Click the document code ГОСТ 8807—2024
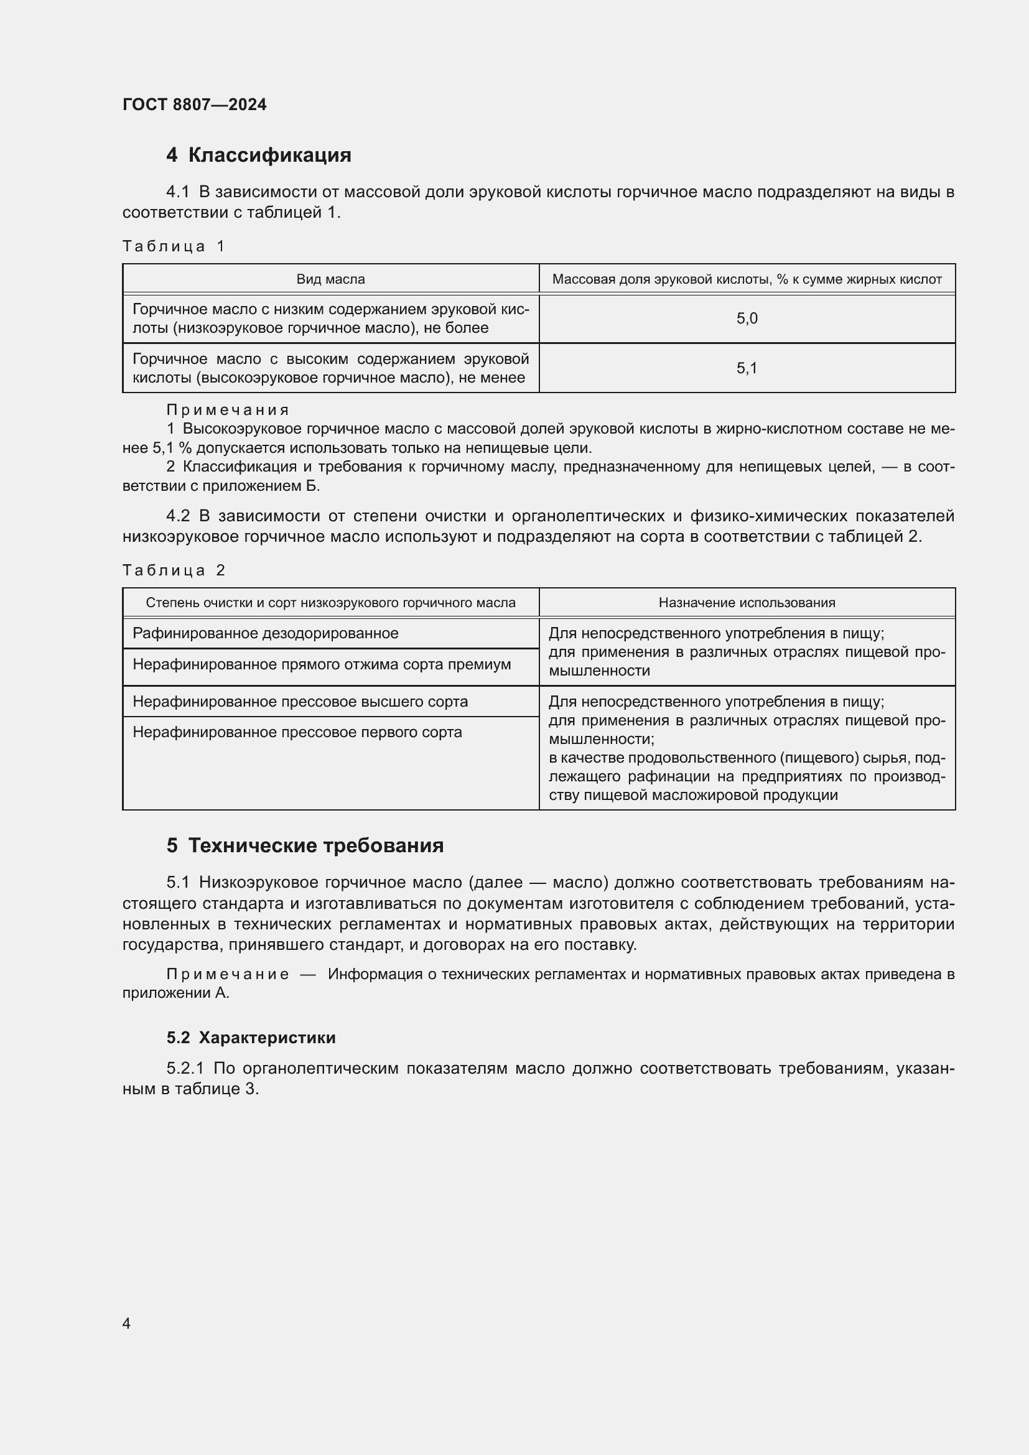tap(194, 105)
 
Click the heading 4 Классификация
tap(259, 156)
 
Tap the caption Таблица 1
tap(174, 246)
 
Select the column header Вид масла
tap(330, 279)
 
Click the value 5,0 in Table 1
tap(747, 318)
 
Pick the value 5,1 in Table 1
tap(747, 368)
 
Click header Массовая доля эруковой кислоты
tap(747, 279)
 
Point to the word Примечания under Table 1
tap(228, 410)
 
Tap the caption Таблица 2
tap(174, 570)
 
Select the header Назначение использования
tap(747, 603)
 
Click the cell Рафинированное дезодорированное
tap(266, 633)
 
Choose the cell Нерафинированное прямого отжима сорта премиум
tap(321, 664)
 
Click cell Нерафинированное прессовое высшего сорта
tap(300, 702)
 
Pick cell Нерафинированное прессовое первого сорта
tap(297, 732)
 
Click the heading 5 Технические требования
tap(305, 845)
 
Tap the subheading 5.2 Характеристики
tap(251, 1038)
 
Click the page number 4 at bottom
tap(126, 1323)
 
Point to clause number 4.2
tap(178, 516)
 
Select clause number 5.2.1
tap(185, 1069)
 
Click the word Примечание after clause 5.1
tap(228, 974)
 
